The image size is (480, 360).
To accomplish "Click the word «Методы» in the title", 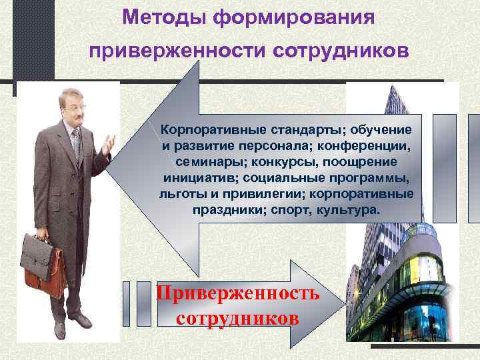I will (x=165, y=15).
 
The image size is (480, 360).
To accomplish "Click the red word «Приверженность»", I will (x=237, y=293).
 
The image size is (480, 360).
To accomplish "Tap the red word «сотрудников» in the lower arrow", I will (x=237, y=317).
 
